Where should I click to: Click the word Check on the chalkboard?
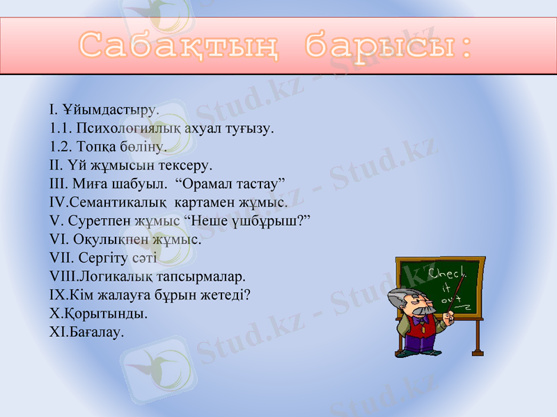pos(446,273)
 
